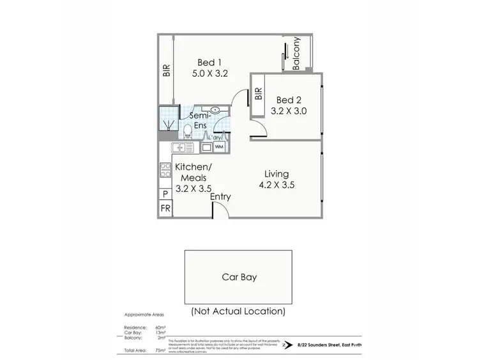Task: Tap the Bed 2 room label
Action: (288, 106)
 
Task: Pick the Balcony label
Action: (296, 54)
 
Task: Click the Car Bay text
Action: (240, 278)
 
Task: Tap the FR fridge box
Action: (165, 208)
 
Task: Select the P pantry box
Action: (165, 194)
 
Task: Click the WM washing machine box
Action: (219, 147)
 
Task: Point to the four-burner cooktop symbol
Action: (164, 171)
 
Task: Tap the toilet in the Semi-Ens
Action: (187, 131)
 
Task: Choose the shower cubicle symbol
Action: (169, 118)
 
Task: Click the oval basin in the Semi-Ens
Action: (215, 110)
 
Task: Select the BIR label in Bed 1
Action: (167, 70)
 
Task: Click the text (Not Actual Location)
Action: (238, 312)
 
